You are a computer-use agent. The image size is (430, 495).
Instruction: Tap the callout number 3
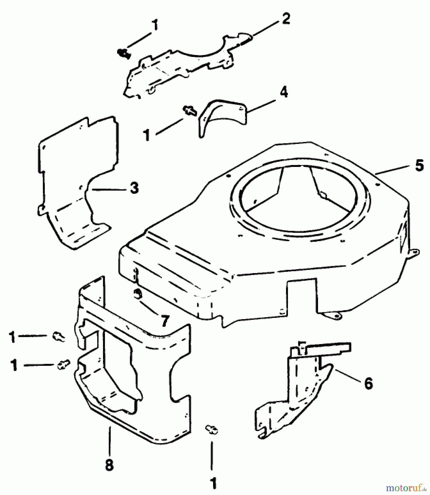tap(134, 189)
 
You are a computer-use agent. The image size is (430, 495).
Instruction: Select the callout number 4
tap(284, 92)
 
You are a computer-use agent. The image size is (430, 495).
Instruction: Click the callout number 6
tap(368, 383)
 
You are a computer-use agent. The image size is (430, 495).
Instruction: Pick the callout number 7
tap(164, 321)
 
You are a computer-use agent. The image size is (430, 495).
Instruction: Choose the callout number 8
tap(109, 465)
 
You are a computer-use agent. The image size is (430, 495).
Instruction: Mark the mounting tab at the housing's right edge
tap(414, 252)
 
